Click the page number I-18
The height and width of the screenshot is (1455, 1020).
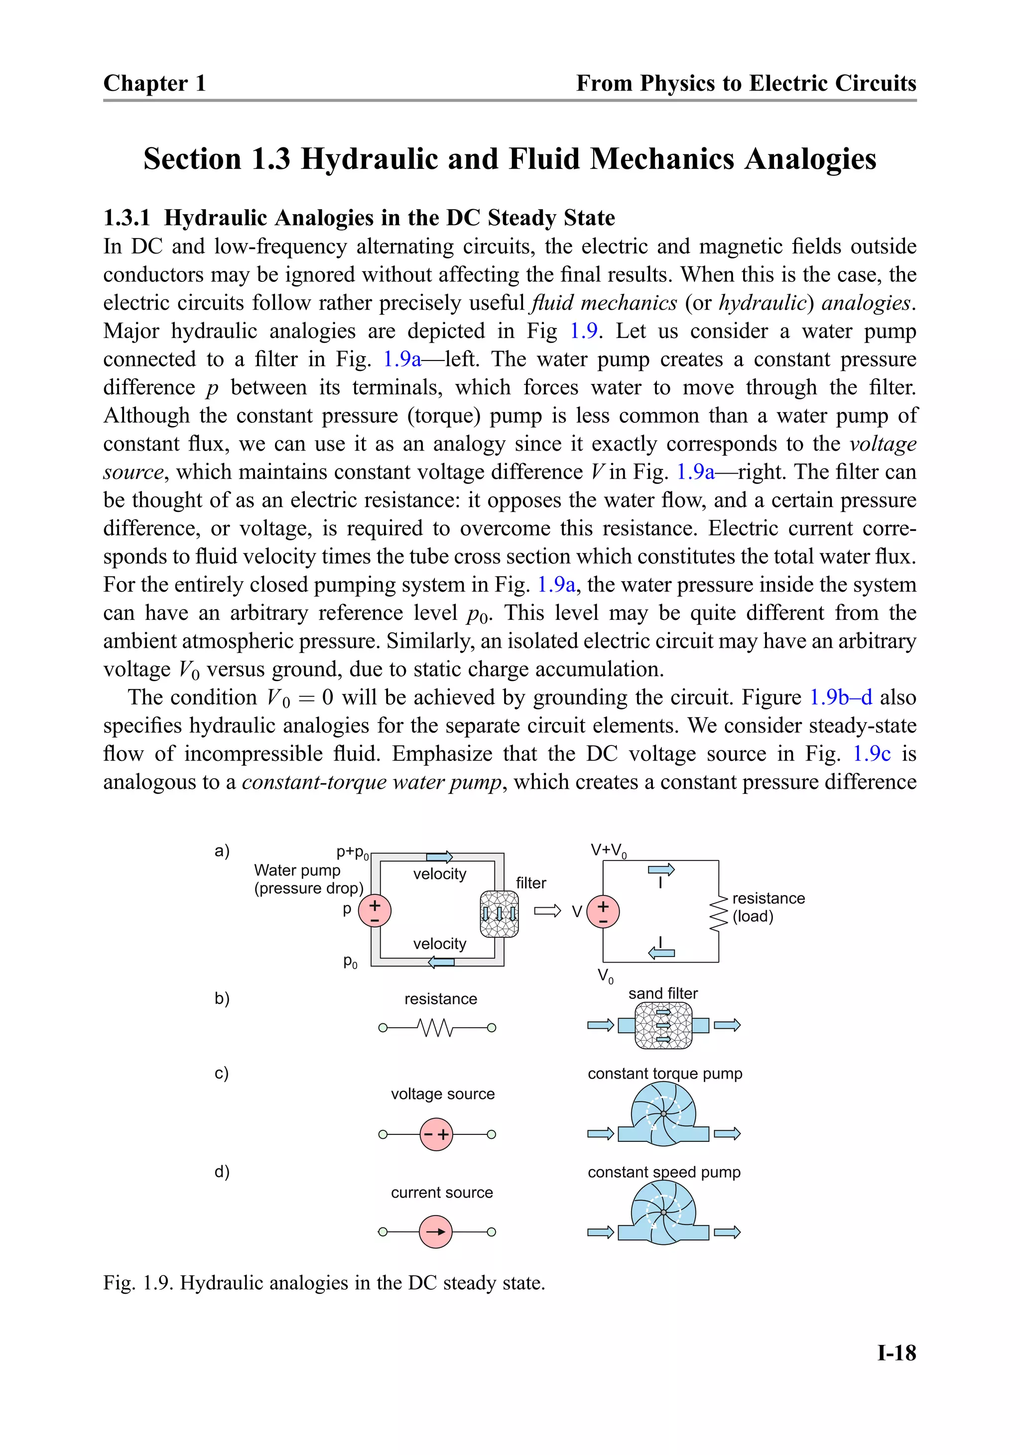[896, 1352]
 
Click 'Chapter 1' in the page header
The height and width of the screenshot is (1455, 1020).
[155, 83]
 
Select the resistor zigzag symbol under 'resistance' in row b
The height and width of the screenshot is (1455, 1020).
[436, 1027]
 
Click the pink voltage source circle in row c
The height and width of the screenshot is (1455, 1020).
[436, 1134]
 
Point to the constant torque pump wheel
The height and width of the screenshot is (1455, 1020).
[663, 1113]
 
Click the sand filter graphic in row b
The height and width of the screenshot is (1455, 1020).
[663, 1025]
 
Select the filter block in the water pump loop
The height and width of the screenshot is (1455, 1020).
[499, 914]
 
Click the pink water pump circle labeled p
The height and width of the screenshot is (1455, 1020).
[375, 911]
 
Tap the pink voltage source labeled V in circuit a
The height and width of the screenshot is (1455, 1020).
[603, 911]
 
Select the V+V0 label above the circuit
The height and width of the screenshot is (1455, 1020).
[609, 850]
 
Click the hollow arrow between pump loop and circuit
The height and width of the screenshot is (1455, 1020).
[547, 911]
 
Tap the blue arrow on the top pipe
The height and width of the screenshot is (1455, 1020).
[439, 857]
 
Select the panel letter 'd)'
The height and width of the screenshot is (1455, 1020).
[222, 1171]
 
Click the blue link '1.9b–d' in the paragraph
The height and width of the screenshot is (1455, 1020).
[841, 697]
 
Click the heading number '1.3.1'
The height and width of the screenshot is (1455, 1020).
[127, 218]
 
